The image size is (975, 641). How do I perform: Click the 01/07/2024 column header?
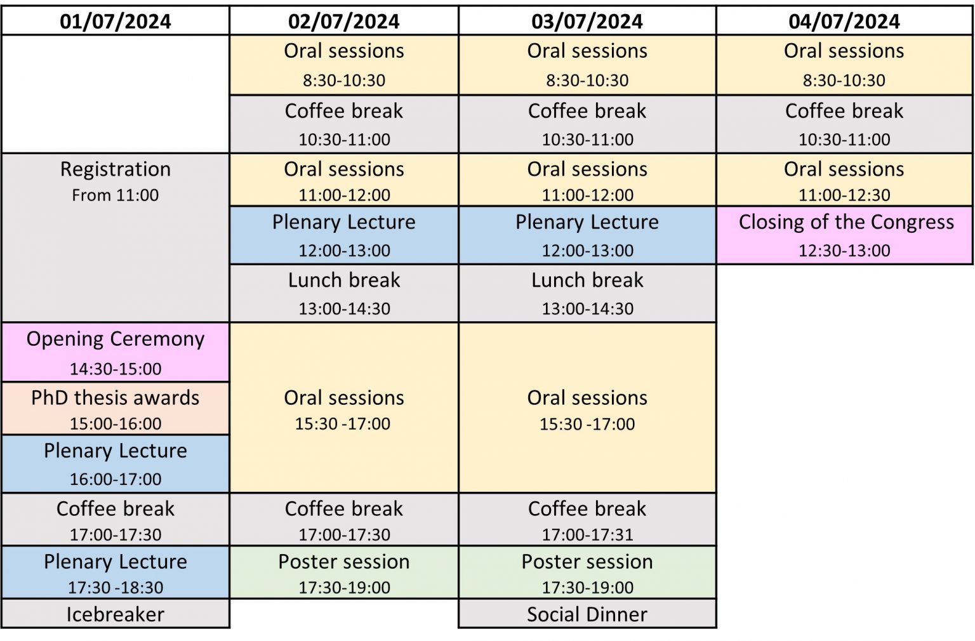116,21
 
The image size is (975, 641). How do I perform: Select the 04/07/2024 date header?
844,21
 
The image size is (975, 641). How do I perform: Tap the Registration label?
116,169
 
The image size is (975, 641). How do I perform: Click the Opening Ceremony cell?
116,352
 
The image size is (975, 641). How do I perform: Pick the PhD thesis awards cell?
116,408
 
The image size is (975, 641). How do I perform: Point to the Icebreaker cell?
116,614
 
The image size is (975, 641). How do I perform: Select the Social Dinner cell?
587,614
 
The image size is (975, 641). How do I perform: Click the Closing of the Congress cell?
844,235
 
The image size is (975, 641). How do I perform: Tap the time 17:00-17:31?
587,534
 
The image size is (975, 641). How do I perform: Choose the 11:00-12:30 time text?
844,195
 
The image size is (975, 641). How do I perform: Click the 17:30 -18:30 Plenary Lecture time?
116,588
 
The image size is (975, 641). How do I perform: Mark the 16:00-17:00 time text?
116,479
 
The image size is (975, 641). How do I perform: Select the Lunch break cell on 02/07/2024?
344,293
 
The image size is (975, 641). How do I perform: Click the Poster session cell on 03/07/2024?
587,572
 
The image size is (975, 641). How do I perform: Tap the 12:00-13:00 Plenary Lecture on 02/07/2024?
344,235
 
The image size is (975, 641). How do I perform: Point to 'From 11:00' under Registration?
116,195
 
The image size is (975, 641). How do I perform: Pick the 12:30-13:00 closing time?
844,250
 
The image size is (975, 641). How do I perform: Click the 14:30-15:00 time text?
116,369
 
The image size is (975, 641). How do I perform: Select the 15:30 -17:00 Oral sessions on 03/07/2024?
587,407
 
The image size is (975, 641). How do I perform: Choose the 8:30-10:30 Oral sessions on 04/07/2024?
844,65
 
